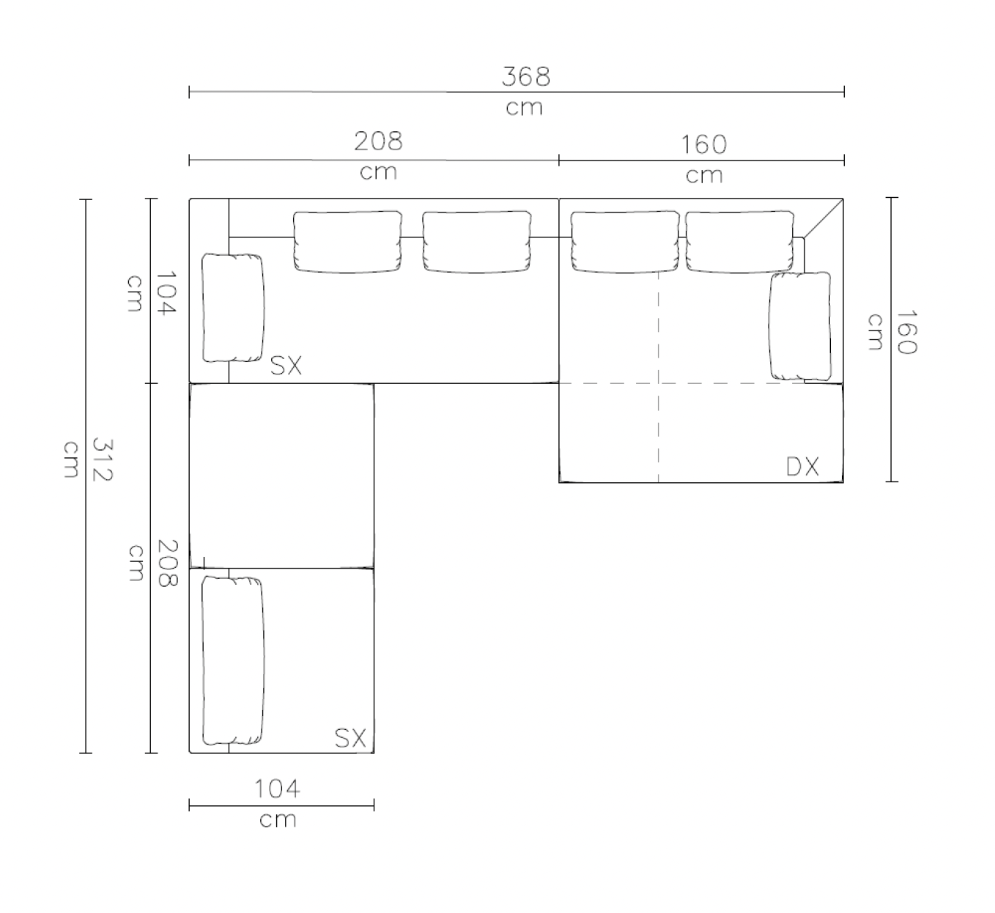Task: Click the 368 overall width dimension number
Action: click(x=525, y=76)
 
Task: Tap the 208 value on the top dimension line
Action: click(x=378, y=141)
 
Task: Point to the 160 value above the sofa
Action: click(x=703, y=144)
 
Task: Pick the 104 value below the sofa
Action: click(x=277, y=789)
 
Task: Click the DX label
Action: click(x=802, y=467)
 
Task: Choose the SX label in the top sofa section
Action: click(x=286, y=365)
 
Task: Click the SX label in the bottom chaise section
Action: click(x=350, y=737)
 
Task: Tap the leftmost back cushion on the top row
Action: click(x=347, y=242)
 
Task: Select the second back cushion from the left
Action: click(x=476, y=242)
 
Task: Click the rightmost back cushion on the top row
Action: click(x=739, y=242)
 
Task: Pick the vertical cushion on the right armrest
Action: click(x=800, y=325)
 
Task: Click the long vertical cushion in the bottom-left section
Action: click(x=232, y=659)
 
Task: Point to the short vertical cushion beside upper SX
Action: click(x=232, y=307)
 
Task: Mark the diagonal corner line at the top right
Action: click(x=824, y=218)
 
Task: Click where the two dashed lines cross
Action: click(x=659, y=382)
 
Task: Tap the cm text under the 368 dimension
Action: click(x=524, y=108)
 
